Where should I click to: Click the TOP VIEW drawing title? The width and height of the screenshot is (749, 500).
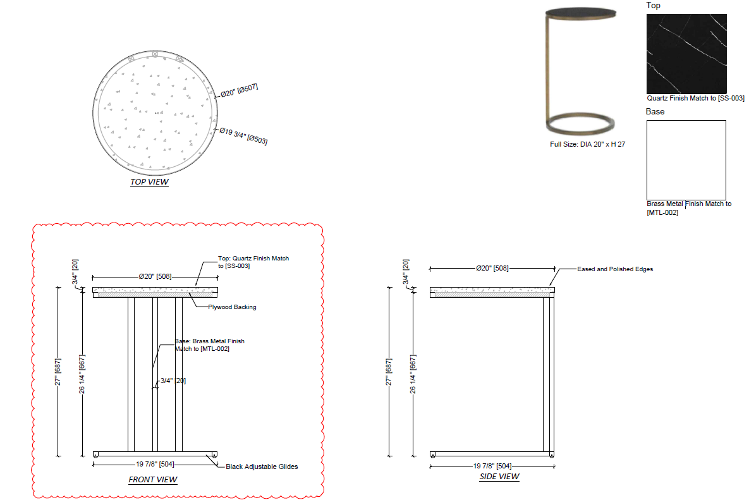149,182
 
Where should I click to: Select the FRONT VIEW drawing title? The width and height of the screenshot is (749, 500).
153,480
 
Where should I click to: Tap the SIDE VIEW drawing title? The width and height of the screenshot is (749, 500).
499,477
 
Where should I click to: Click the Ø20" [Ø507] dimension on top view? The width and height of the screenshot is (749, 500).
239,90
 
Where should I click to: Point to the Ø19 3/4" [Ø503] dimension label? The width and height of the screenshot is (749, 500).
243,135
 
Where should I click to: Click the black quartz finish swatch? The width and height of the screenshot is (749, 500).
686,54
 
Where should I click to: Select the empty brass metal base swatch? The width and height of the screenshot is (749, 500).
686,160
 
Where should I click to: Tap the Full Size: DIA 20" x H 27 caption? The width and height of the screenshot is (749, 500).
587,145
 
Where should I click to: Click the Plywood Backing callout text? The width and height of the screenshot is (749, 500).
232,307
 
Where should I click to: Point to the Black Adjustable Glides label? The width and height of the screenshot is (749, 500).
262,467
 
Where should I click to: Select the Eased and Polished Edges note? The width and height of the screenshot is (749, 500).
615,269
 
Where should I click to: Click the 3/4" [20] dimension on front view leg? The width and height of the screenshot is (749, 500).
173,381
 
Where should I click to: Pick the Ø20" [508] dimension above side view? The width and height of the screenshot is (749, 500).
492,269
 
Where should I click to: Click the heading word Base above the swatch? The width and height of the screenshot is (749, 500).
655,112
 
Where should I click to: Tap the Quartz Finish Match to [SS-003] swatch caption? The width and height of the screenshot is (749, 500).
695,99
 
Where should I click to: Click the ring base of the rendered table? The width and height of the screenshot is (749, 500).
580,123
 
